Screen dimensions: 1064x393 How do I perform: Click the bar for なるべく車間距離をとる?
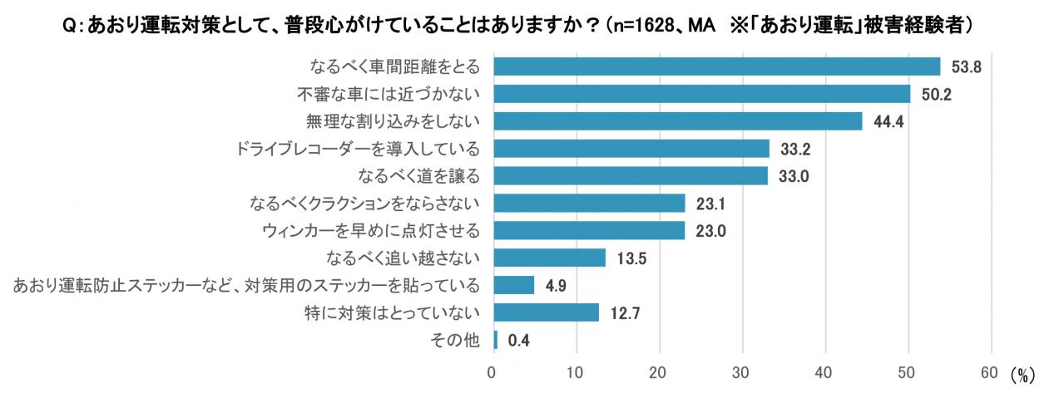click(x=717, y=66)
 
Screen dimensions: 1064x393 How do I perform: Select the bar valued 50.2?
click(x=702, y=94)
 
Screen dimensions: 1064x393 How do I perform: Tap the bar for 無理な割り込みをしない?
click(x=678, y=121)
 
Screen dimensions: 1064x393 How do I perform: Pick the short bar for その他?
click(x=496, y=340)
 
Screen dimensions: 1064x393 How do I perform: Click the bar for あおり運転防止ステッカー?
click(x=514, y=285)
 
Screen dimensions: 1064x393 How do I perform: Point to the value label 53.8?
click(x=966, y=67)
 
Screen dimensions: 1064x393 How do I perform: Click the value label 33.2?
click(x=795, y=149)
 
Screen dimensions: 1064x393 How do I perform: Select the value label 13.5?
click(x=631, y=258)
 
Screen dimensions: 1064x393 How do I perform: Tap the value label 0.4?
click(x=519, y=341)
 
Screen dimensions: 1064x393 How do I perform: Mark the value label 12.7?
click(x=625, y=313)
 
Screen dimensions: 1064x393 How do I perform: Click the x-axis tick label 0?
click(x=492, y=373)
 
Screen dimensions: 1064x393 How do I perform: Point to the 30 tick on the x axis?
click(x=740, y=373)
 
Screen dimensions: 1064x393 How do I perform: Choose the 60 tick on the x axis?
click(x=989, y=373)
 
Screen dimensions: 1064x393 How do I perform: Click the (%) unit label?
click(x=1022, y=376)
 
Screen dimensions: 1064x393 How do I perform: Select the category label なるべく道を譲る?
click(x=419, y=176)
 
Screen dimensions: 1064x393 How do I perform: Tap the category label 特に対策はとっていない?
click(x=393, y=312)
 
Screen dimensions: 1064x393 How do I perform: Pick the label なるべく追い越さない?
click(x=403, y=258)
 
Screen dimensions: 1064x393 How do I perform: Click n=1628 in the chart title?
click(x=644, y=25)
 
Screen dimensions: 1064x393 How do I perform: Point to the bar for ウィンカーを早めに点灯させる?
click(x=590, y=231)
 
